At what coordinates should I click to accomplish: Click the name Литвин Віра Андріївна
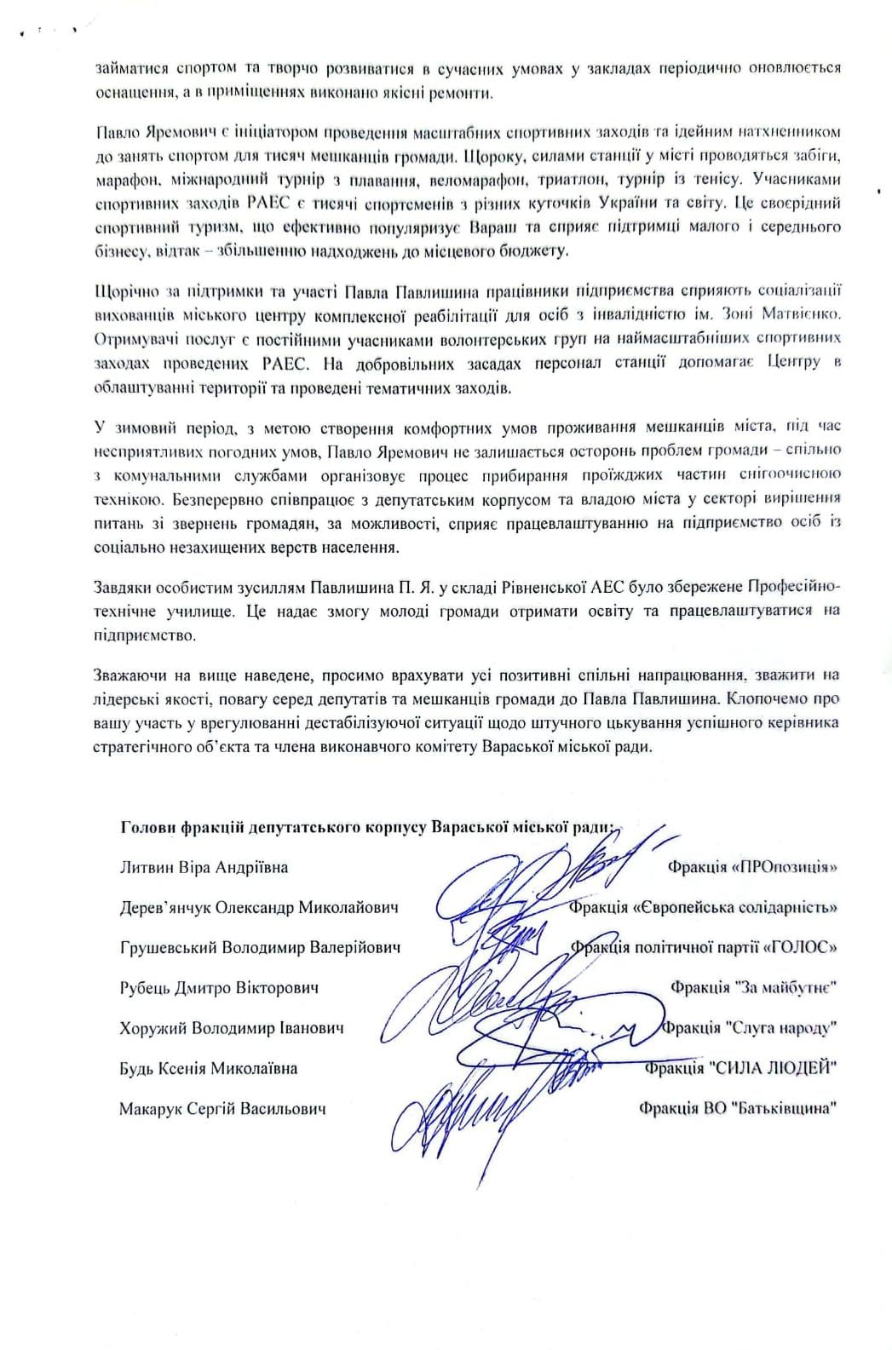pyautogui.click(x=204, y=868)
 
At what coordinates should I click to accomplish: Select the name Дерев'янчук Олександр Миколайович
pyautogui.click(x=259, y=908)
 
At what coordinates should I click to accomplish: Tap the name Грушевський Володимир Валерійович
pyautogui.click(x=260, y=948)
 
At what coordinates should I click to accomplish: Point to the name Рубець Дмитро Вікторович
pyautogui.click(x=219, y=988)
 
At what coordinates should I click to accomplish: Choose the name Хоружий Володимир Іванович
pyautogui.click(x=232, y=1028)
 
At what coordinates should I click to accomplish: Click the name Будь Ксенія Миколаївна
pyautogui.click(x=209, y=1068)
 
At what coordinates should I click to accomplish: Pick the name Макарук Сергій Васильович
pyautogui.click(x=222, y=1108)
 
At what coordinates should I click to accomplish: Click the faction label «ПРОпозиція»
pyautogui.click(x=784, y=868)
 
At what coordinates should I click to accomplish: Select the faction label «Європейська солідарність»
pyautogui.click(x=736, y=908)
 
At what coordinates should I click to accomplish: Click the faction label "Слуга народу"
pyautogui.click(x=782, y=1028)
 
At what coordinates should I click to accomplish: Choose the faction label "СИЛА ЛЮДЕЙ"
pyautogui.click(x=772, y=1068)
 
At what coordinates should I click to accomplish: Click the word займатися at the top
pyautogui.click(x=127, y=69)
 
